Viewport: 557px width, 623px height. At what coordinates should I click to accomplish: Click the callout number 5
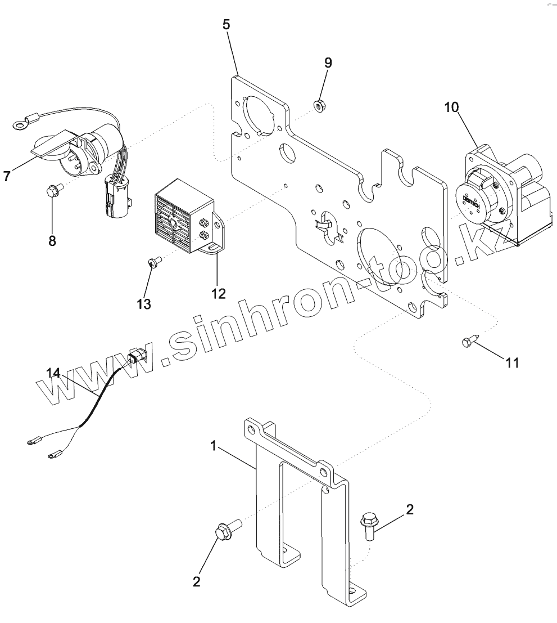[226, 25]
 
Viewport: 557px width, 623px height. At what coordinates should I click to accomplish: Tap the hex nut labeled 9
[317, 104]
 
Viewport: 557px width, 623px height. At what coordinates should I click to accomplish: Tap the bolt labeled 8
[54, 191]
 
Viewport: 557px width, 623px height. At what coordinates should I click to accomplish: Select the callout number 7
[7, 176]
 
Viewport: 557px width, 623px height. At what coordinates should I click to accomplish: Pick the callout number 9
[328, 62]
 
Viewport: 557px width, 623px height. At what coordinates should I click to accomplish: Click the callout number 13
[144, 304]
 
